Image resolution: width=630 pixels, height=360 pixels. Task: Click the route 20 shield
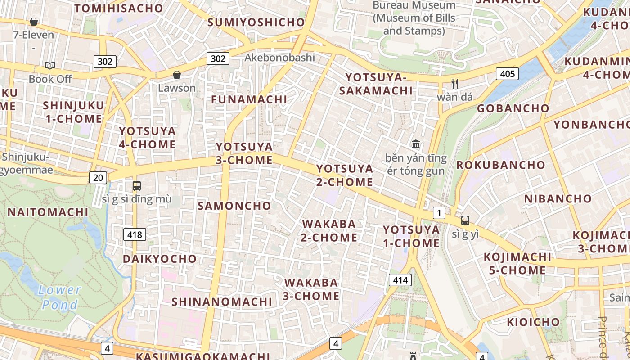(98, 177)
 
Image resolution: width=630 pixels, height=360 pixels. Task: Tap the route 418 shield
(135, 234)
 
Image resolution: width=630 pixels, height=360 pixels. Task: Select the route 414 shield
(400, 280)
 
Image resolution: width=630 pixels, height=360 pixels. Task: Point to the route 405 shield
(507, 73)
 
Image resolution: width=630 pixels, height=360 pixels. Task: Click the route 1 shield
(439, 213)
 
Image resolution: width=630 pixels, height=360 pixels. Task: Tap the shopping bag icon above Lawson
(177, 74)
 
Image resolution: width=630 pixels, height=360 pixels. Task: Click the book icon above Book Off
(50, 66)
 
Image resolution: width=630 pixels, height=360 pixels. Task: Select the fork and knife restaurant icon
(455, 83)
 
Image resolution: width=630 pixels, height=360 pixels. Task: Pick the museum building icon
(416, 144)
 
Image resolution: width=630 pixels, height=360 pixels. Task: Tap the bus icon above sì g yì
(465, 220)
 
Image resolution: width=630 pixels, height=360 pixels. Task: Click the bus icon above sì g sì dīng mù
(136, 185)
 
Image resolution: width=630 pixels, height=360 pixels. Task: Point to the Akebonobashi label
(279, 58)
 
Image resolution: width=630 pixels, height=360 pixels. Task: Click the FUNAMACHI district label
(249, 99)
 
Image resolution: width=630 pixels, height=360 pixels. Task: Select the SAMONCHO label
(234, 206)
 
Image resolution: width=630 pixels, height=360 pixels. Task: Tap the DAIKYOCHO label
(160, 259)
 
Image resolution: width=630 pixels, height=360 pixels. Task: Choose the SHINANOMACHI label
(222, 301)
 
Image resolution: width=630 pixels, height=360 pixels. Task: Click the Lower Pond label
(59, 297)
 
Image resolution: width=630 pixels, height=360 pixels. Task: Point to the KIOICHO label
(533, 322)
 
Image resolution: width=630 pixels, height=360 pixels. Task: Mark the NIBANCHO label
(558, 198)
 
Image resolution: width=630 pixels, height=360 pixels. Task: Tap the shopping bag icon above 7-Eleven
(34, 22)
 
